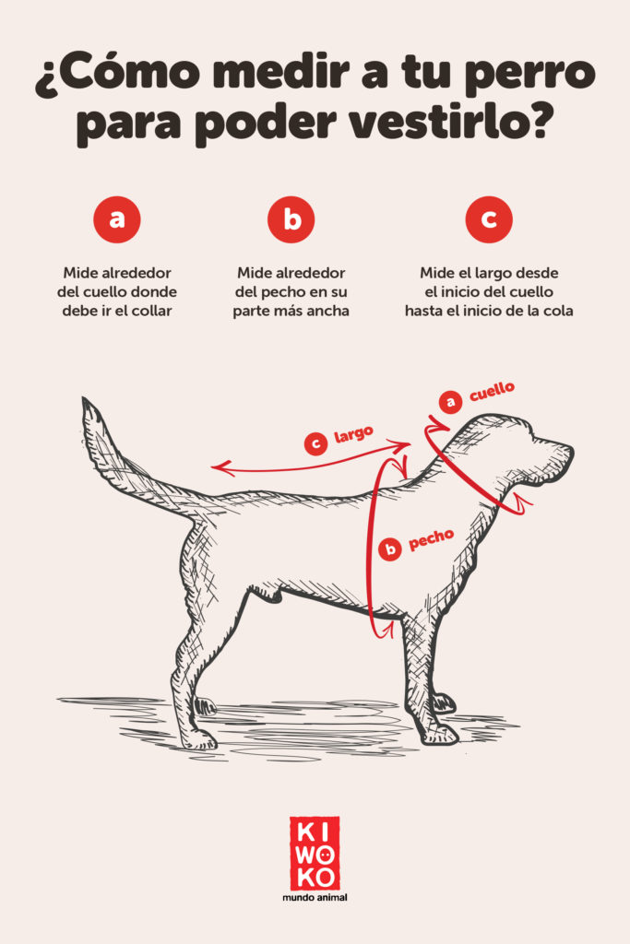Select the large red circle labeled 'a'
click(x=117, y=219)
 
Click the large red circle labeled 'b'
click(x=291, y=219)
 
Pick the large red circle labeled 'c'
click(x=488, y=219)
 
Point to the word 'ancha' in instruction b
click(x=328, y=311)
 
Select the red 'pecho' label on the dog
click(x=431, y=540)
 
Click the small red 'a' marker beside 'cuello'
click(x=450, y=402)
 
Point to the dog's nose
click(x=567, y=451)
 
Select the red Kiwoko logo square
click(x=315, y=852)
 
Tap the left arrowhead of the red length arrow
click(x=217, y=468)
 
